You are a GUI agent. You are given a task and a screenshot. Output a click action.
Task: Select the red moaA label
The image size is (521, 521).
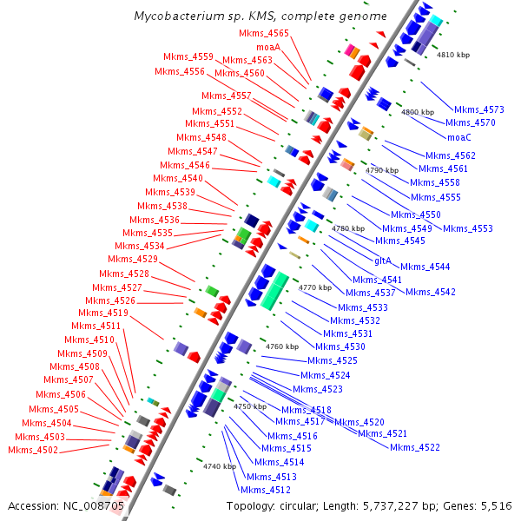click(267, 46)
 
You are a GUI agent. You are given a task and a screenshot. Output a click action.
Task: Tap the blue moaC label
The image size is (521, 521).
click(458, 137)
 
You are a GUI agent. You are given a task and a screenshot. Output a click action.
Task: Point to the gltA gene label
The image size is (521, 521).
click(384, 260)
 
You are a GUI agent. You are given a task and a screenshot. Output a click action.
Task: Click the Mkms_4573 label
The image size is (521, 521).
click(479, 109)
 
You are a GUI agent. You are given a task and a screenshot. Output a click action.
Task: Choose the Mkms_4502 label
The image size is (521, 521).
click(33, 450)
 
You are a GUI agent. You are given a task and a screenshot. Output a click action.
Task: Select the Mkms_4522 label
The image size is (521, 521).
click(415, 447)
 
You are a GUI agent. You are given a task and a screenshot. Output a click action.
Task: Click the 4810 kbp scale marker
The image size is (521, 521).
click(452, 54)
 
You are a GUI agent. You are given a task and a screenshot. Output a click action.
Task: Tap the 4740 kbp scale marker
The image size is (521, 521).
click(220, 466)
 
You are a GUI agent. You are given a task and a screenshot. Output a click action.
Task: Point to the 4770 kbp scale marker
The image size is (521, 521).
click(314, 287)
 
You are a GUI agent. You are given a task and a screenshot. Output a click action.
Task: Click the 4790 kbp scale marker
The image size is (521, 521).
click(382, 171)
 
